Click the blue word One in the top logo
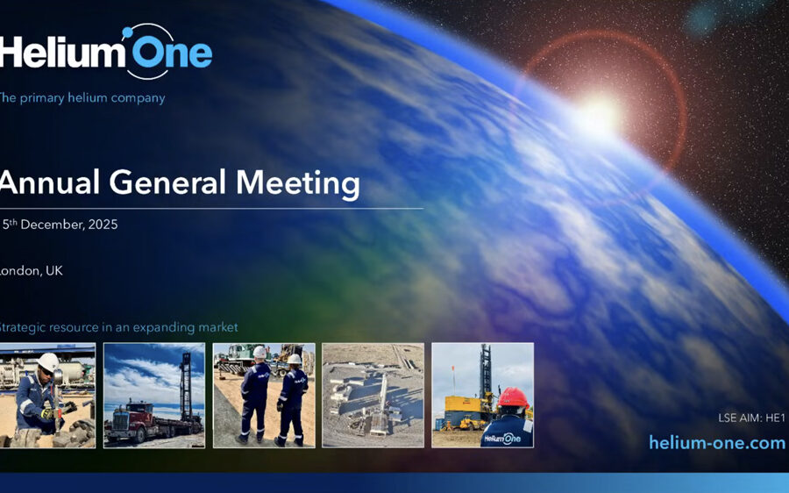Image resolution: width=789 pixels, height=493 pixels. coord(172,54)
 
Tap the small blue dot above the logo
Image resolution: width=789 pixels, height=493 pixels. coord(127,32)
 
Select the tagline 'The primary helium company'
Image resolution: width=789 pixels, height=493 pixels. coord(82,97)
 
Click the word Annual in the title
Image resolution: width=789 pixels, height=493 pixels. coord(49,182)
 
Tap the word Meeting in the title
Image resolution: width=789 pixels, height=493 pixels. coord(298,184)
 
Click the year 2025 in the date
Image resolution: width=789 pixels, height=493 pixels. coord(103,225)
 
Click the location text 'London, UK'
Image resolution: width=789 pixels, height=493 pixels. coord(31,271)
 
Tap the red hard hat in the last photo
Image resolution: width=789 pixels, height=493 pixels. coord(513,398)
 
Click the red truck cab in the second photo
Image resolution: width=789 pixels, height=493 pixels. coord(129,415)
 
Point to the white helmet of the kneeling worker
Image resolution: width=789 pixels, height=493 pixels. coord(48,362)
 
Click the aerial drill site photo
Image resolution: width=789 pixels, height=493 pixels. coord(373,396)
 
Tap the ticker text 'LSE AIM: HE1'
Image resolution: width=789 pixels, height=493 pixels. coord(752,418)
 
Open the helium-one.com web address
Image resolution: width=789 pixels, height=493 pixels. coord(717,443)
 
